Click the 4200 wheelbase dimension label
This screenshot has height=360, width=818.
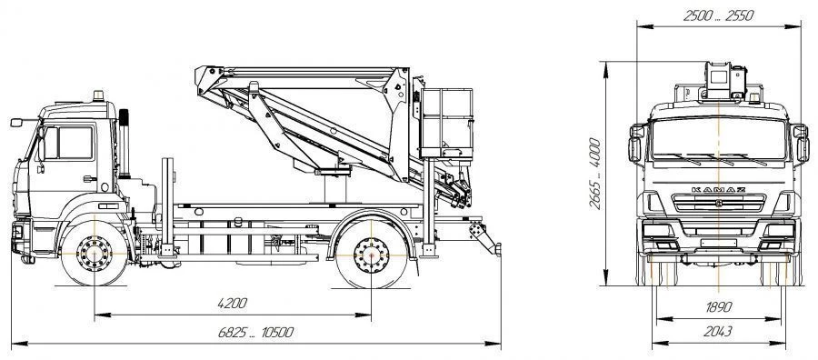[232, 303]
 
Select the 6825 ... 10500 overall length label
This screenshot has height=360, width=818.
[255, 333]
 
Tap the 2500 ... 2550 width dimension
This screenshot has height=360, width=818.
[718, 15]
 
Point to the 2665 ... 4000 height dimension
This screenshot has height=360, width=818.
[595, 174]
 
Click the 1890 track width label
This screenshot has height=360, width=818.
[719, 307]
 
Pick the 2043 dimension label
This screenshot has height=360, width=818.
[718, 331]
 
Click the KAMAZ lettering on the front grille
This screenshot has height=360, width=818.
[718, 189]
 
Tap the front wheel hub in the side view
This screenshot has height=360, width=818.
[95, 254]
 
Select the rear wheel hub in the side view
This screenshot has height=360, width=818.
[371, 255]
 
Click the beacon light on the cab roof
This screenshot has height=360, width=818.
[98, 96]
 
